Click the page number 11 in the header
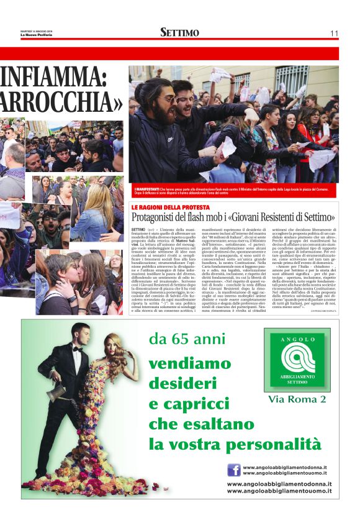(x=334, y=33)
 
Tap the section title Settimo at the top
(x=179, y=32)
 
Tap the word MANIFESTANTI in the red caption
(x=146, y=188)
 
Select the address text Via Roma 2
(x=297, y=398)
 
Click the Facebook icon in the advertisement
(x=234, y=470)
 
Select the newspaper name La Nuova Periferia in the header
(x=36, y=35)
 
